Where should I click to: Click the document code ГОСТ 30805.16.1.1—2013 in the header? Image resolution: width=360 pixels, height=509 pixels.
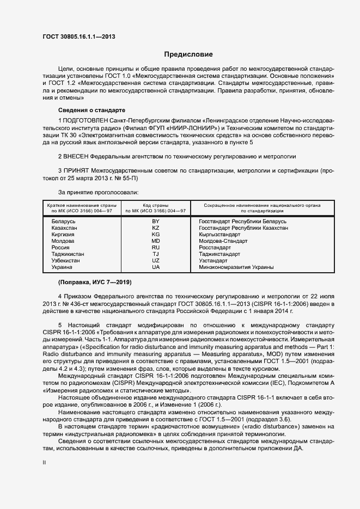point(78,36)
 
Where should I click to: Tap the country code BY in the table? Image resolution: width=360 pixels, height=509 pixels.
point(156,222)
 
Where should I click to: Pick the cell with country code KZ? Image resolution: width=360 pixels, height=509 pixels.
point(156,228)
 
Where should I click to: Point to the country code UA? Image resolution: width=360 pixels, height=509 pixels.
point(156,267)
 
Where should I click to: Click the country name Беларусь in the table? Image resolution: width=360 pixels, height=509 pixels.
point(63,222)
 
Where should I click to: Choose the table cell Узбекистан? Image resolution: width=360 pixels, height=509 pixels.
point(65,261)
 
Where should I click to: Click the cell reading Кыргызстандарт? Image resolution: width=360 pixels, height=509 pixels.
point(220,235)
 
